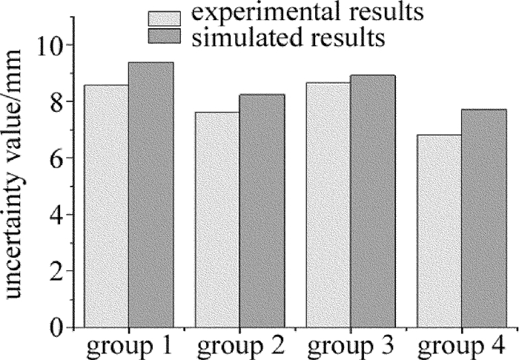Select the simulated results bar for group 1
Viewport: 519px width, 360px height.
click(151, 195)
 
